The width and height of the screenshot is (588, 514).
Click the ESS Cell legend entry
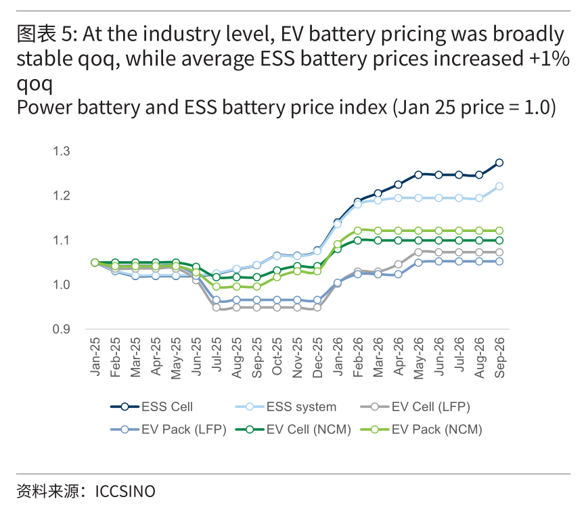click(x=152, y=406)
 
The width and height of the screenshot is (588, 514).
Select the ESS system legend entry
click(x=286, y=406)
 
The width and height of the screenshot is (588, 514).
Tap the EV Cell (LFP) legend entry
click(x=415, y=406)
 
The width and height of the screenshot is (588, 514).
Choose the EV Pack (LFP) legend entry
click(x=168, y=429)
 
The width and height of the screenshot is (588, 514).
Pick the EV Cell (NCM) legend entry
click(x=293, y=429)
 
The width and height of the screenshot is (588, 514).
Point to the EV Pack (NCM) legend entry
click(x=421, y=429)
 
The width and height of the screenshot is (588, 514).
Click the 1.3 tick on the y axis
click(x=62, y=151)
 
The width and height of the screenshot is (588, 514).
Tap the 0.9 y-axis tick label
click(x=62, y=329)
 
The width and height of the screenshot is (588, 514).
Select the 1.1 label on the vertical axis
click(x=62, y=240)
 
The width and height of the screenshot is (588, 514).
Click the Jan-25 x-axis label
click(x=95, y=356)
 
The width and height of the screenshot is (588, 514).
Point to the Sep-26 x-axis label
click(x=500, y=357)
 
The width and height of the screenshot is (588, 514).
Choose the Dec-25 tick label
click(x=317, y=357)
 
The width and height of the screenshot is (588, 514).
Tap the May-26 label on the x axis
click(x=419, y=358)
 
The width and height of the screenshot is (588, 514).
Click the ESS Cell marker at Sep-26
click(x=499, y=163)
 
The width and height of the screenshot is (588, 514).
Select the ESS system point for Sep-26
click(x=499, y=187)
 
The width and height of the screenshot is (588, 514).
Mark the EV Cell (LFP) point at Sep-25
click(x=257, y=308)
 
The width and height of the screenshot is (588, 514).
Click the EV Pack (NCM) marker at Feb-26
click(x=358, y=231)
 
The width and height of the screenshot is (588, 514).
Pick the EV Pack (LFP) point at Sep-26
click(x=499, y=261)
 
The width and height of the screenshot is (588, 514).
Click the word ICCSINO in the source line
click(x=125, y=492)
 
